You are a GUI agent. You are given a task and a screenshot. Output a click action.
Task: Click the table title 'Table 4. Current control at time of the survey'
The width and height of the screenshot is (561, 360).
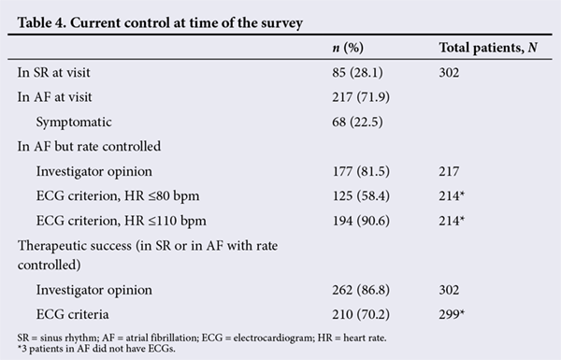160,22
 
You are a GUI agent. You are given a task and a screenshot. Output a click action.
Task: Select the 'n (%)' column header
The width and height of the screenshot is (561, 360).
348,48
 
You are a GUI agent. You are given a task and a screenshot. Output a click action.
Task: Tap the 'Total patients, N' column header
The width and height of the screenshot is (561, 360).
488,48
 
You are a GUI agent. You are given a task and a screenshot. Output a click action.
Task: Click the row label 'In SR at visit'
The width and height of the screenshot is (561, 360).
53,72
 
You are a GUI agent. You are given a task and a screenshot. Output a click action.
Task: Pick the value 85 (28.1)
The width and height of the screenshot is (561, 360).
357,73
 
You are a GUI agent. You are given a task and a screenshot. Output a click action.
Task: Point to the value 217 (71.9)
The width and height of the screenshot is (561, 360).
361,97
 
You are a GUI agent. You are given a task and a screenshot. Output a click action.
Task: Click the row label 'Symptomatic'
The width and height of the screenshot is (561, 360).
74,122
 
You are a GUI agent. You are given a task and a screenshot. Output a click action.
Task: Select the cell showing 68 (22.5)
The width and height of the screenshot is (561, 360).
357,122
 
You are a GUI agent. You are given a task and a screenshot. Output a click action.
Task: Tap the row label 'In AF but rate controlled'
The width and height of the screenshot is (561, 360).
89,147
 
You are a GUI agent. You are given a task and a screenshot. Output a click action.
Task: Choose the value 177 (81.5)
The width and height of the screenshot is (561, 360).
361,171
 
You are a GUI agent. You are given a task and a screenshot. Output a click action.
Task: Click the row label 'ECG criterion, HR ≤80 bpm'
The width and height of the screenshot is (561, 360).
118,196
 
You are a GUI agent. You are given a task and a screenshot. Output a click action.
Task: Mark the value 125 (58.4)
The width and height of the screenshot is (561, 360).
361,196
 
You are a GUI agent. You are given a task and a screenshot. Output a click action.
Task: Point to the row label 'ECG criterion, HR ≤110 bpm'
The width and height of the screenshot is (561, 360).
121,221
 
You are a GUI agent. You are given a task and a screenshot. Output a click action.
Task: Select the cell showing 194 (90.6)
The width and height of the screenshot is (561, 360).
361,221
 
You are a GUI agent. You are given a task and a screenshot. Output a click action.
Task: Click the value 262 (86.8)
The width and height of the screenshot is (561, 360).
361,290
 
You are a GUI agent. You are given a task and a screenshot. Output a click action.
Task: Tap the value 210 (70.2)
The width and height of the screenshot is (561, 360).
361,314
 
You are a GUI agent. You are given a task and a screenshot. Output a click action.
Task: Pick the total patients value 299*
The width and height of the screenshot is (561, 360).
452,314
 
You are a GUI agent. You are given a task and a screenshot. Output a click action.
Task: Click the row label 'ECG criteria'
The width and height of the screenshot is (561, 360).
72,314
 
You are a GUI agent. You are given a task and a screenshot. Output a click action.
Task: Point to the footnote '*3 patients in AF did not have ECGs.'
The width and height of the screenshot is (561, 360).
96,349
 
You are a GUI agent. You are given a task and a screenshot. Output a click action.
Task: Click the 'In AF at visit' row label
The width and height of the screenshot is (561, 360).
54,97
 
